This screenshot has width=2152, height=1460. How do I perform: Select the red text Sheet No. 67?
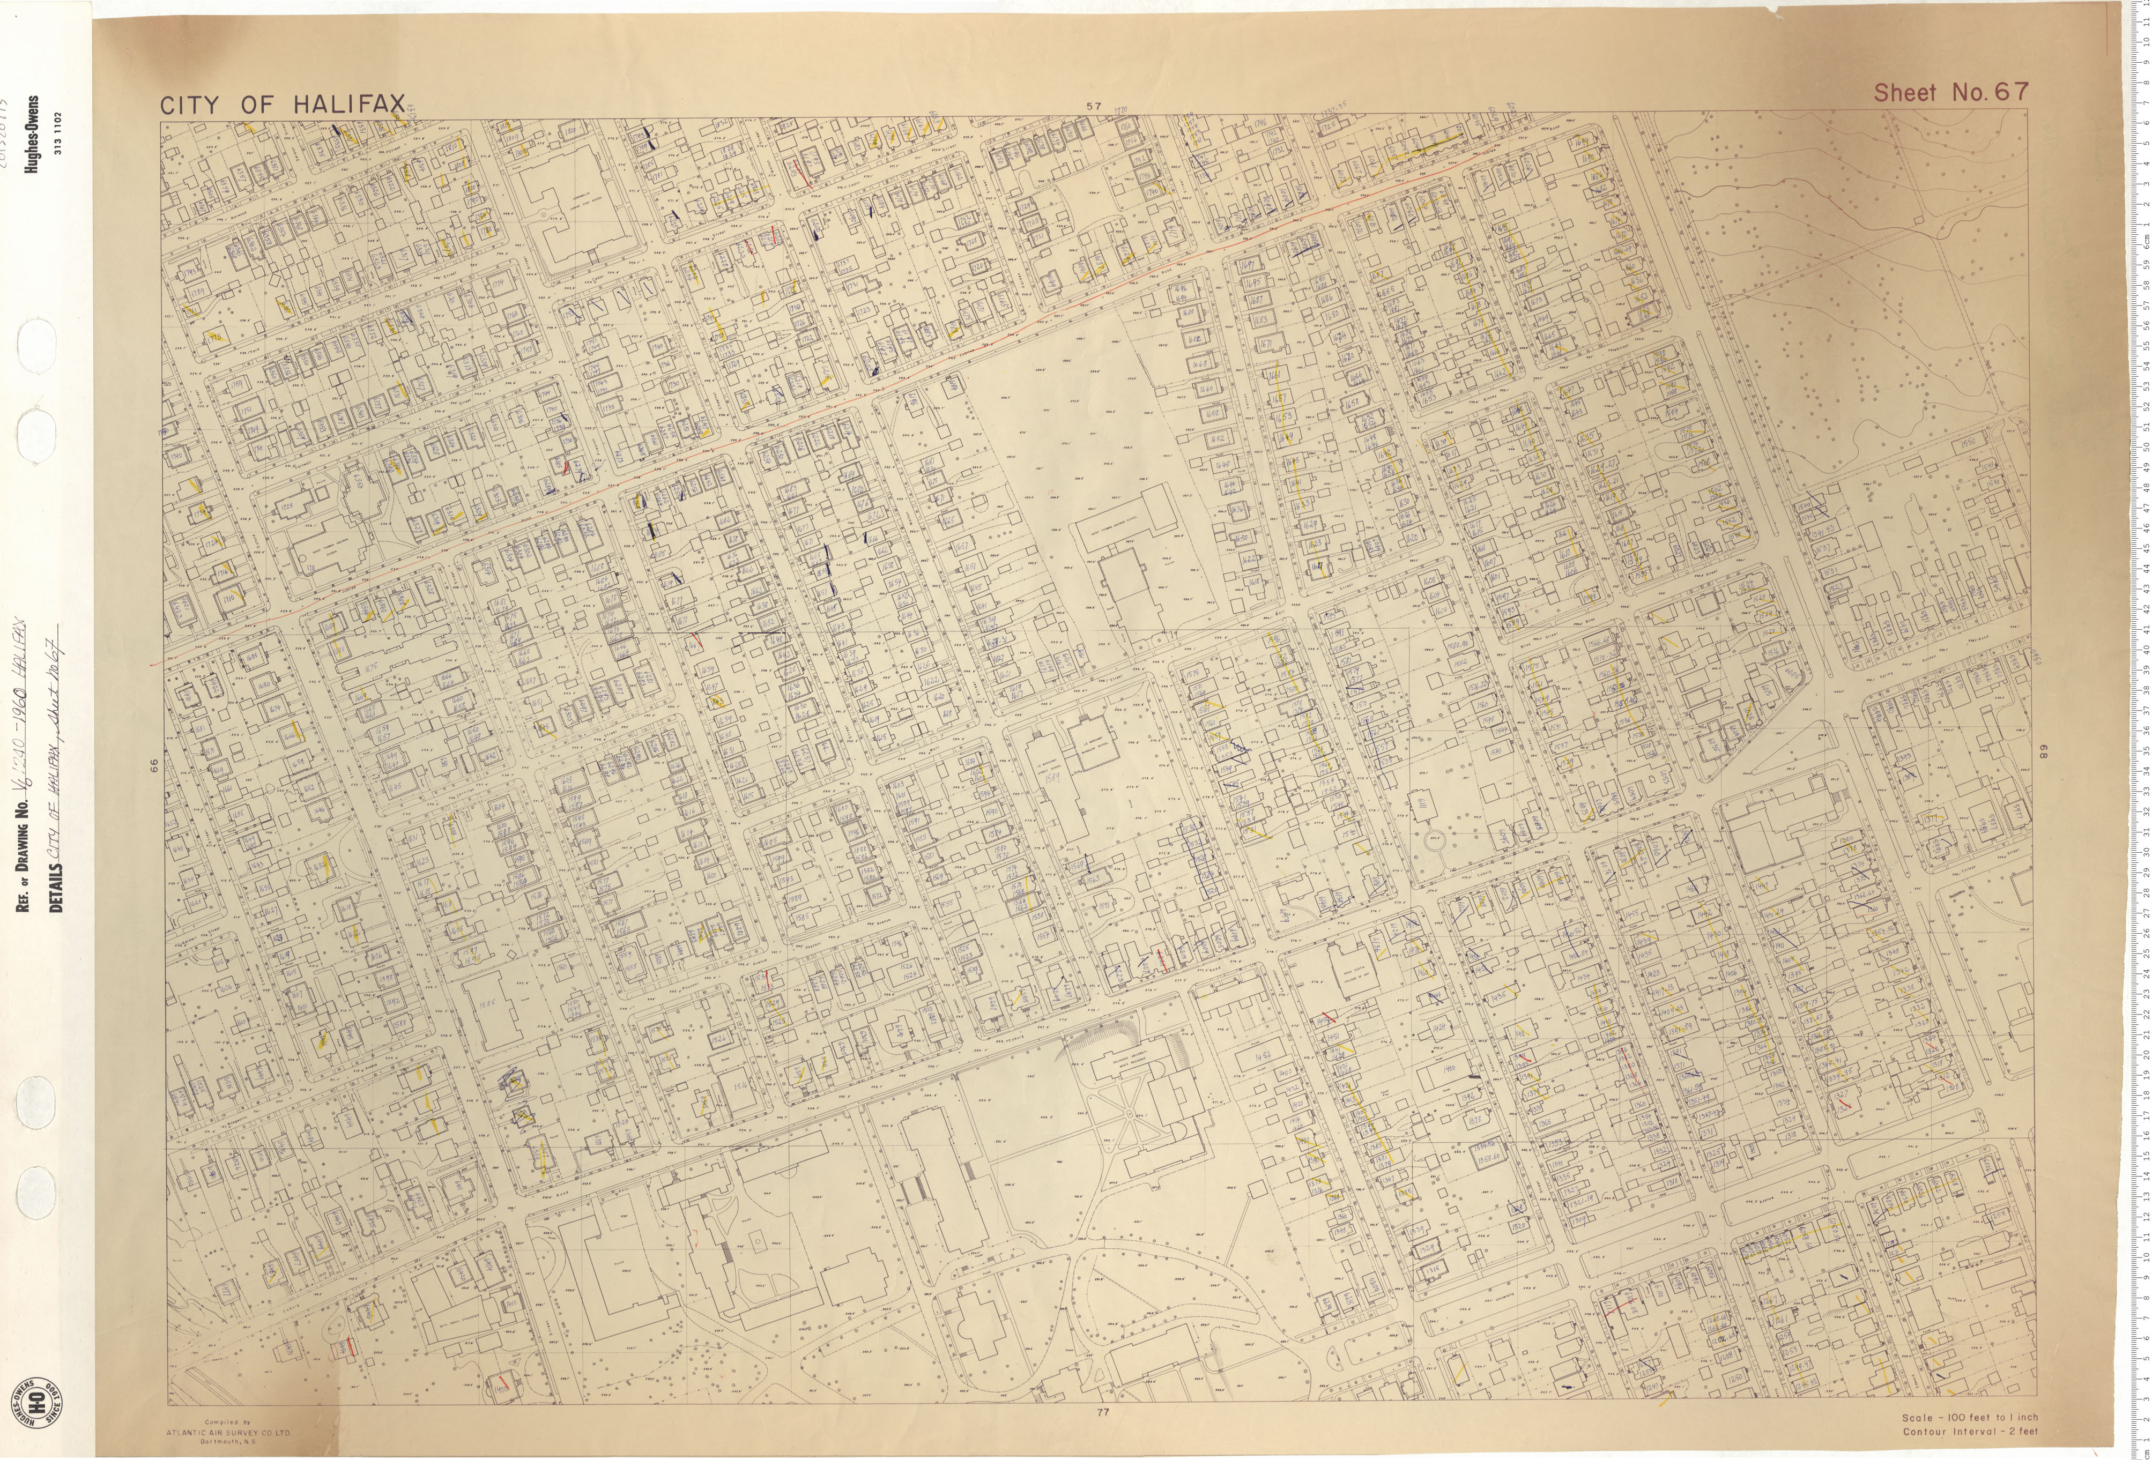tap(1950, 93)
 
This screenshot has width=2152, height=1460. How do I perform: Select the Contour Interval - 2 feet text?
tap(1970, 1431)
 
